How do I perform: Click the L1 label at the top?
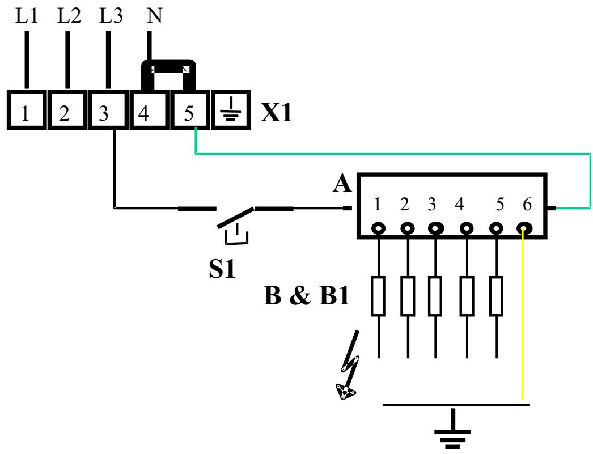coord(27,16)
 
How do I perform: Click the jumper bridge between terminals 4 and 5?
coord(168,68)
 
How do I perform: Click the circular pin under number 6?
coord(523,228)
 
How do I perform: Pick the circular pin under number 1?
coord(378,228)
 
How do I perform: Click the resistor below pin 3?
coord(435,296)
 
